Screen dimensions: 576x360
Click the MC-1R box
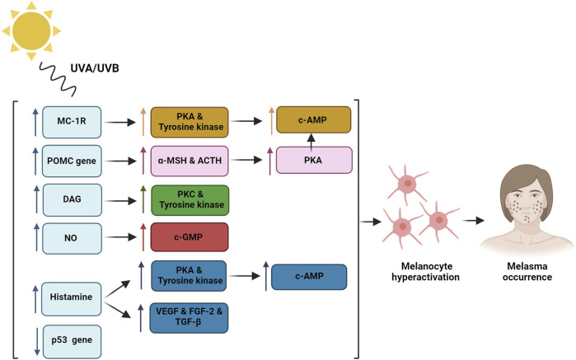point(72,122)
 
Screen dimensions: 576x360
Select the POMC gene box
point(72,161)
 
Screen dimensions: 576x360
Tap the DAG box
point(72,200)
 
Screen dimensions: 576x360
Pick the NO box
point(72,238)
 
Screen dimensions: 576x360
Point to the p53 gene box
point(72,342)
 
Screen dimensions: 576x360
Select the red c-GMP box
point(190,237)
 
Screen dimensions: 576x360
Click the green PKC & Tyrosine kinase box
point(190,200)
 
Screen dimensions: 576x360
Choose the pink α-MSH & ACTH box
point(190,161)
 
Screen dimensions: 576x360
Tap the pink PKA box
point(314,160)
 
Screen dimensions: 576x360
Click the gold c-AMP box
point(314,119)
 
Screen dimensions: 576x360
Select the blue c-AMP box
point(309,277)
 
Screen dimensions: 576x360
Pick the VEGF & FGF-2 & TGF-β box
point(189,318)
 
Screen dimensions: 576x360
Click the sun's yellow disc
point(31,30)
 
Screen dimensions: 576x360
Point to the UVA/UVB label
point(95,68)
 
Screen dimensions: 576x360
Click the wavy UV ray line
point(58,79)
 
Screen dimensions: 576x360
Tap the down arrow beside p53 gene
point(37,342)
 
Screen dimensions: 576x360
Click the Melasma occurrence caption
point(527,272)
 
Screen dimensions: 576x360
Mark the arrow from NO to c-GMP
point(120,238)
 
